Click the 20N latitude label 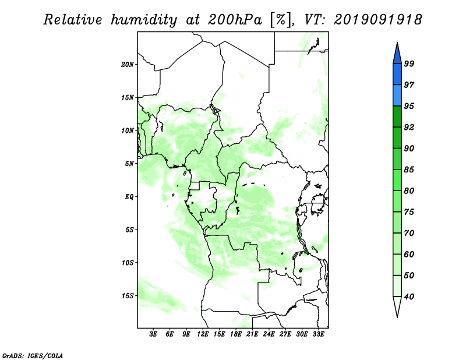click(128, 65)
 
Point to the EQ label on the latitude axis click(129, 197)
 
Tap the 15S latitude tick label click(128, 296)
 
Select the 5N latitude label click(129, 164)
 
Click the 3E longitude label click(153, 334)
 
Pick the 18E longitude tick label click(236, 334)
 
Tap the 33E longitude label click(318, 334)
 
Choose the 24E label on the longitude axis click(269, 334)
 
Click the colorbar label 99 click(409, 63)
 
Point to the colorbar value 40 click(409, 297)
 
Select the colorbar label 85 click(409, 170)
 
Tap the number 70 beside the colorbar click(409, 233)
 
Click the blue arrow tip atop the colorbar click(397, 43)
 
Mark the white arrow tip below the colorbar click(397, 317)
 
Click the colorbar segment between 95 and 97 click(397, 96)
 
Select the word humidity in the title click(144, 20)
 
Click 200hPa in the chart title click(235, 20)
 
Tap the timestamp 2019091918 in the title click(378, 20)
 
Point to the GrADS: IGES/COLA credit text click(33, 355)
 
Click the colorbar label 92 click(409, 127)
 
